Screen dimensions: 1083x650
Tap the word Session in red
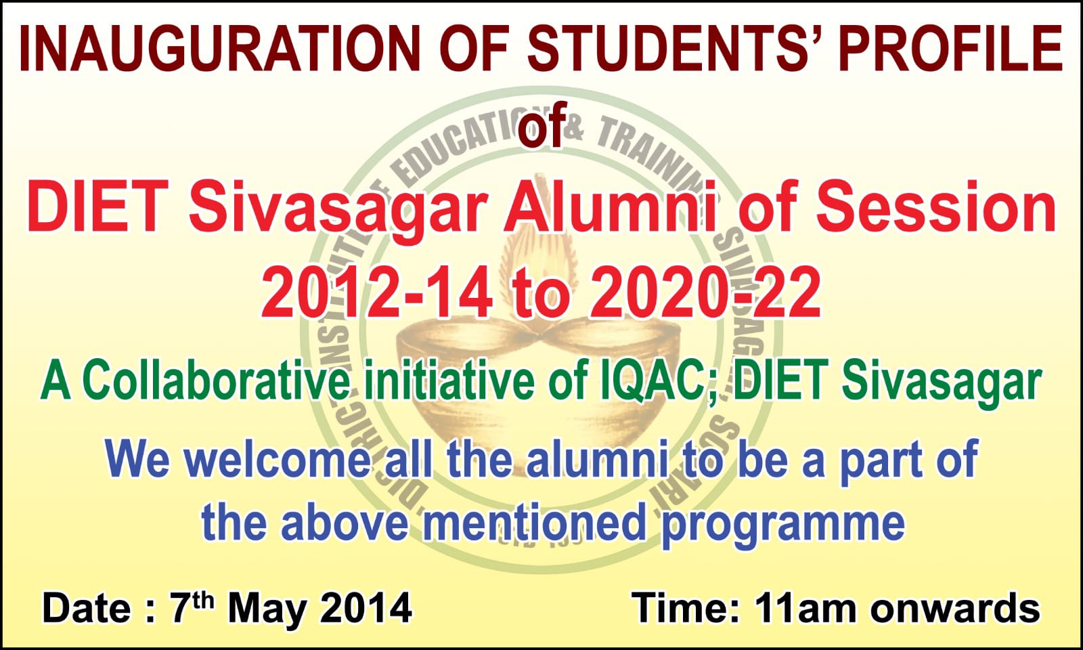(936, 207)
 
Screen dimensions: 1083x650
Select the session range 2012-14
(377, 294)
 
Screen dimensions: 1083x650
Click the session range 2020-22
(705, 294)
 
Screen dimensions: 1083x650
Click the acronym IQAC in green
(653, 383)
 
